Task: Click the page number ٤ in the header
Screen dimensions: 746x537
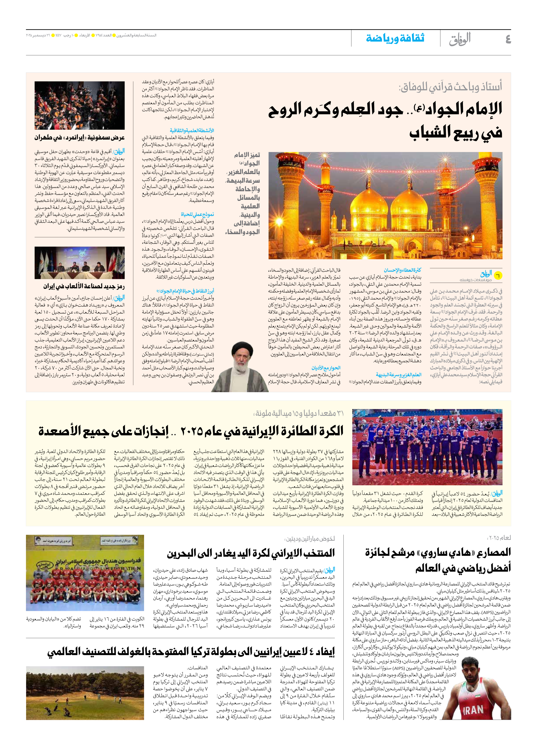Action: [x=508, y=39]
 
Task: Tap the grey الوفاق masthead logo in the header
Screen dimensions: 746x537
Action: [x=460, y=39]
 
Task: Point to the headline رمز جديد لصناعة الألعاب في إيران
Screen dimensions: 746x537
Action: [x=84, y=286]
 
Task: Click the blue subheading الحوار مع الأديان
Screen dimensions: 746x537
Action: [x=326, y=368]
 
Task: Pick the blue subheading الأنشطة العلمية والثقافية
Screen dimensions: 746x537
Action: [x=192, y=131]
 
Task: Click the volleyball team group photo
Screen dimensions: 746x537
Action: [x=427, y=447]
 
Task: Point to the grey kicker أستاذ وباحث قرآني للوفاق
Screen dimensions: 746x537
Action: [x=450, y=87]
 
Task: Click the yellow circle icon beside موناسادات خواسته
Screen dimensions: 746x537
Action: [x=498, y=276]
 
